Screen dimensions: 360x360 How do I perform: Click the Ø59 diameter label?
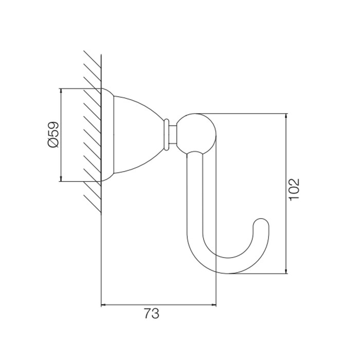click(x=53, y=135)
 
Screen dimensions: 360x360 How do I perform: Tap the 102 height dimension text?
click(x=294, y=190)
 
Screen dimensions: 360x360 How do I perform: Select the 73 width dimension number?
click(x=152, y=314)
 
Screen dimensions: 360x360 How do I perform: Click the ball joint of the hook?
click(x=196, y=133)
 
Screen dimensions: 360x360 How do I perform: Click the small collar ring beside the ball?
click(x=166, y=135)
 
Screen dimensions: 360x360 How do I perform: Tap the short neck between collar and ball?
click(x=173, y=135)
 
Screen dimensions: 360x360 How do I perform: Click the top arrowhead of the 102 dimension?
click(x=286, y=116)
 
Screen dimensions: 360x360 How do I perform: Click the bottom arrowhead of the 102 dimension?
click(x=286, y=271)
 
